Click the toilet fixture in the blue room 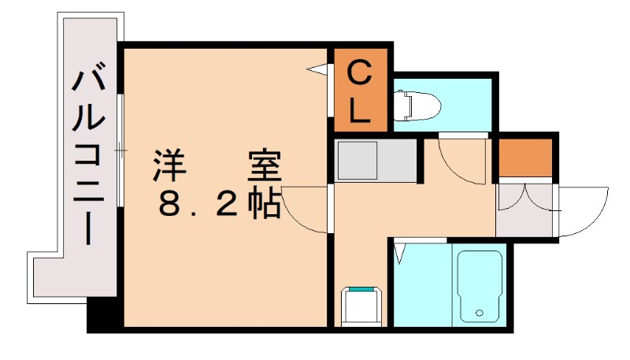pyautogui.click(x=417, y=106)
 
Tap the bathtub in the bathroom pyautogui.click(x=480, y=287)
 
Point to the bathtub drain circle pyautogui.click(x=479, y=313)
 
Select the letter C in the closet pyautogui.click(x=358, y=72)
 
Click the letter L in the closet pyautogui.click(x=359, y=110)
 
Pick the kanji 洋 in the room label pyautogui.click(x=169, y=165)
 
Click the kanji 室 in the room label pyautogui.click(x=264, y=165)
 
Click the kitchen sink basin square pyautogui.click(x=358, y=161)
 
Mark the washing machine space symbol pyautogui.click(x=361, y=306)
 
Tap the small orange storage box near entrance pyautogui.click(x=525, y=158)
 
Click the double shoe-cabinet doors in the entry pyautogui.click(x=524, y=199)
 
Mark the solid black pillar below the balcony pyautogui.click(x=102, y=314)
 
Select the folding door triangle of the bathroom pyautogui.click(x=400, y=253)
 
